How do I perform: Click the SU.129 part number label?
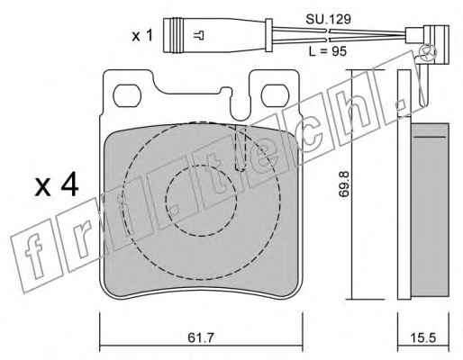pyautogui.click(x=328, y=20)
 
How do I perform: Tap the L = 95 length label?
pyautogui.click(x=328, y=51)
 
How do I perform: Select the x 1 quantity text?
pyautogui.click(x=142, y=36)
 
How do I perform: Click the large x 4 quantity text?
pyautogui.click(x=57, y=186)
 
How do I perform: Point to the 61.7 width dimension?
pyautogui.click(x=201, y=337)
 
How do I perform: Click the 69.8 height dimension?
pyautogui.click(x=343, y=184)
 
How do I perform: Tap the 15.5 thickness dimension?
pyautogui.click(x=423, y=338)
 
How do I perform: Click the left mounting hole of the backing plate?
pyautogui.click(x=126, y=95)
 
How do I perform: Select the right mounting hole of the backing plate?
pyautogui.click(x=275, y=95)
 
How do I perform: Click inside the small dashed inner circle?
pyautogui.click(x=201, y=200)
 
